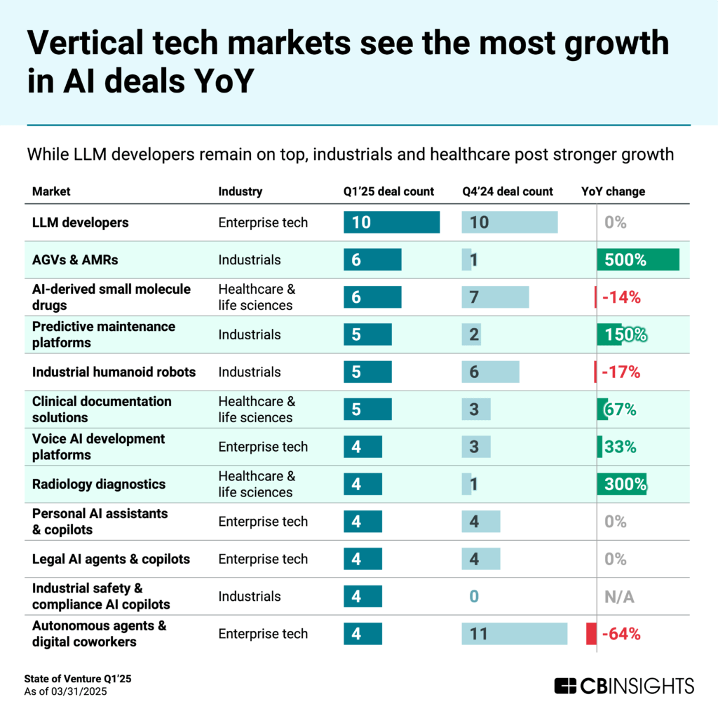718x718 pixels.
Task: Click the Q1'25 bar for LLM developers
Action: (x=391, y=222)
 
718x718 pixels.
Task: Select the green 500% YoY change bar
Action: (x=638, y=259)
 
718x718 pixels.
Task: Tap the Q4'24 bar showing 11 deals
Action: (x=514, y=634)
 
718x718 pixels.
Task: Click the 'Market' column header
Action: (x=51, y=191)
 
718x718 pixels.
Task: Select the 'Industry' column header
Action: (x=240, y=191)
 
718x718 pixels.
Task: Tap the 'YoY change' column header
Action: (x=613, y=191)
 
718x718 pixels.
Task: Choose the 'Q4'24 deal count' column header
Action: (x=507, y=191)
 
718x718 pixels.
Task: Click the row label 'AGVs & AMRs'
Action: (x=75, y=259)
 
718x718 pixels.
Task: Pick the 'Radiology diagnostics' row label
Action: (x=99, y=484)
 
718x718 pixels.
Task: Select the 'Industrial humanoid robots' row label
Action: (x=114, y=372)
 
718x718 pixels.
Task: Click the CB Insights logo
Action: (x=623, y=685)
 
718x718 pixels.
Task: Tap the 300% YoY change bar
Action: (x=621, y=484)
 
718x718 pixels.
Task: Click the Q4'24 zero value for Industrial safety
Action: (x=474, y=597)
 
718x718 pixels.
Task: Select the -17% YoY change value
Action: (x=621, y=372)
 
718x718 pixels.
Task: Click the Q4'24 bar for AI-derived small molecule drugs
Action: (x=495, y=297)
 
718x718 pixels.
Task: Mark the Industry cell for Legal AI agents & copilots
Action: (x=263, y=559)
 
